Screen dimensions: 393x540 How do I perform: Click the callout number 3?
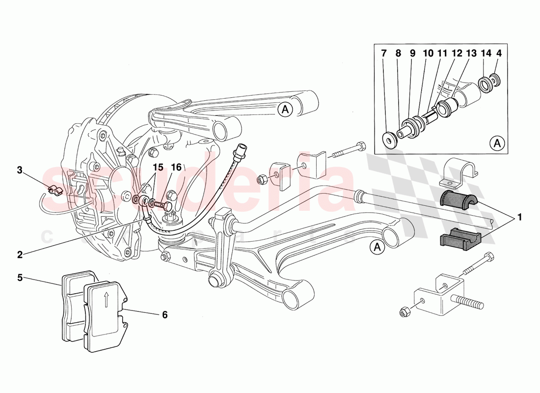coord(20,170)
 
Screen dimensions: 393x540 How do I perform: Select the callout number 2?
coord(20,254)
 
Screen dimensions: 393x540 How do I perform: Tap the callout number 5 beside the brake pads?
coord(20,278)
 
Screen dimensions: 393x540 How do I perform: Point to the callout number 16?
coord(176,167)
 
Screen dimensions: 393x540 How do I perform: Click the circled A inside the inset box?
coord(497,143)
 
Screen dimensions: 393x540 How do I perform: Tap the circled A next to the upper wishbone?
coord(285,110)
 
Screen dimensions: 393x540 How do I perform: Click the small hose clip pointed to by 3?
coord(54,190)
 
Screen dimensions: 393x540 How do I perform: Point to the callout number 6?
coord(164,315)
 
